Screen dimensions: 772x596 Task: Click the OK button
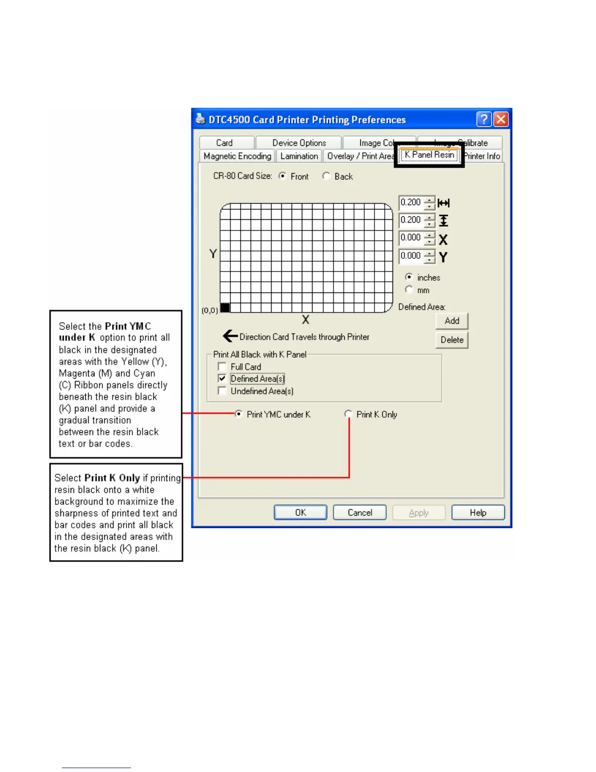click(x=300, y=513)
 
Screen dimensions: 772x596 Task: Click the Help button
click(x=478, y=513)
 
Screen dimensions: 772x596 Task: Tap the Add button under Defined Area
click(x=451, y=321)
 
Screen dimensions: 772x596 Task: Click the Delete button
click(x=451, y=340)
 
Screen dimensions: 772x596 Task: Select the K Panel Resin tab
click(x=429, y=155)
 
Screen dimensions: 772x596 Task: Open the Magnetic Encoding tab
click(x=237, y=156)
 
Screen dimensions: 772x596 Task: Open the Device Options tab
click(x=299, y=143)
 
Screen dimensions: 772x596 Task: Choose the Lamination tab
click(x=299, y=156)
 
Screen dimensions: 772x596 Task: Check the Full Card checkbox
click(x=222, y=367)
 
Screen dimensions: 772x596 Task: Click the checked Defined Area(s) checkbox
click(x=222, y=379)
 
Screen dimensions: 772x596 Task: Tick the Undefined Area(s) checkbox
click(x=222, y=391)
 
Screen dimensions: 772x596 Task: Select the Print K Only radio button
click(x=348, y=414)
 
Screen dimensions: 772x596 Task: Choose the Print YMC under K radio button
click(x=239, y=414)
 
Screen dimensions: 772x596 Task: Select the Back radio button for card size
click(x=326, y=176)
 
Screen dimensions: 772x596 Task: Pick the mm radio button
click(x=409, y=290)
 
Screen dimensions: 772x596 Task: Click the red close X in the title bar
click(x=501, y=119)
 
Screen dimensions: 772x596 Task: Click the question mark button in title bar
click(x=484, y=119)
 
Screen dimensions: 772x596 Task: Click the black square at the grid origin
click(x=225, y=308)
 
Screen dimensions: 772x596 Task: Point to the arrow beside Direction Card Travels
click(x=230, y=336)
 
